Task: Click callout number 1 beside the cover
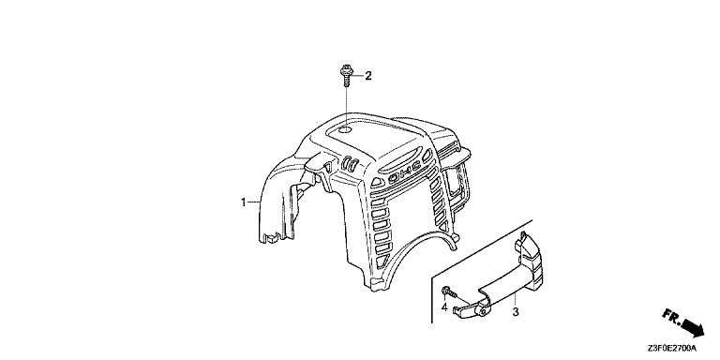click(244, 202)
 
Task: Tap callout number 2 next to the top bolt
click(367, 76)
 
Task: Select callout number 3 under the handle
click(516, 313)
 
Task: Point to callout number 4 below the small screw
click(444, 307)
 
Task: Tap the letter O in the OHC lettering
click(394, 179)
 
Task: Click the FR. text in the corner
click(672, 316)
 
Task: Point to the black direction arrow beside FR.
click(693, 328)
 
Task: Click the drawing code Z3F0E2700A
click(673, 349)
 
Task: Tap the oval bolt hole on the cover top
click(344, 132)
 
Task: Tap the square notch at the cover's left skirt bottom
click(271, 237)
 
